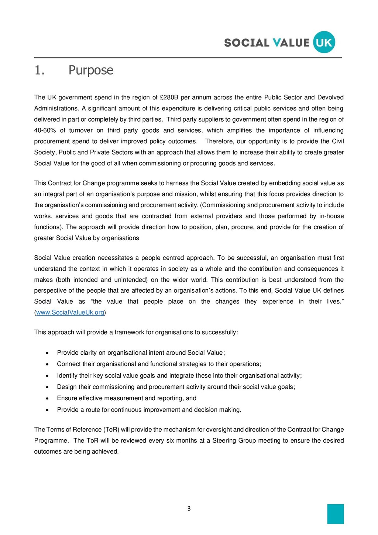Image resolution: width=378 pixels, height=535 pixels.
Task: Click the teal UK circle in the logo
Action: [x=324, y=42]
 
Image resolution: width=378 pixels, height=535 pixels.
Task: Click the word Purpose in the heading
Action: [x=91, y=70]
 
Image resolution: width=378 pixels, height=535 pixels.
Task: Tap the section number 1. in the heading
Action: [x=39, y=70]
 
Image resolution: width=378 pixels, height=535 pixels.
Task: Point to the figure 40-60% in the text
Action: [x=45, y=130]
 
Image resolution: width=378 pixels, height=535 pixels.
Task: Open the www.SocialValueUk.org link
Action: [x=70, y=313]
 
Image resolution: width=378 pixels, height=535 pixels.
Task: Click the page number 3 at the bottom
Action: [x=189, y=508]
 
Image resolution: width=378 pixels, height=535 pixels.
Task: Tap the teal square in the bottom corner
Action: [x=335, y=514]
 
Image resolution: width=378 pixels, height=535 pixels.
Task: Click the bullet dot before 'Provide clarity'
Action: [x=47, y=353]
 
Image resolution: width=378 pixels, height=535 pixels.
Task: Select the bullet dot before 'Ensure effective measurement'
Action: [x=47, y=398]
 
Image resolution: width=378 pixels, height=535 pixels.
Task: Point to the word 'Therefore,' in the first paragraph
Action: [x=219, y=142]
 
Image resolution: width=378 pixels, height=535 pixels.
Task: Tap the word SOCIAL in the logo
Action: [x=247, y=43]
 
